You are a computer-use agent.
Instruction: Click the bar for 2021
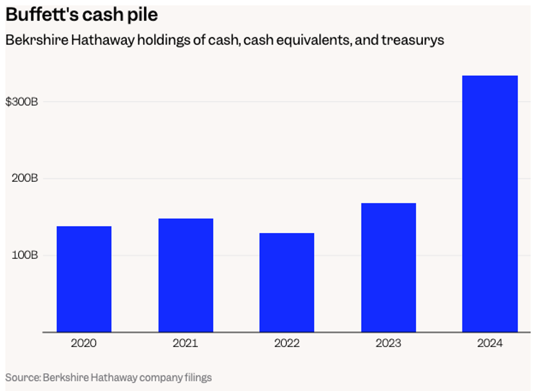click(x=186, y=275)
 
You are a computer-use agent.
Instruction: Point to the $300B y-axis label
click(x=22, y=102)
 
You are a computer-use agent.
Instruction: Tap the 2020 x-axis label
click(x=84, y=343)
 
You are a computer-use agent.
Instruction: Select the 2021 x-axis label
click(x=186, y=343)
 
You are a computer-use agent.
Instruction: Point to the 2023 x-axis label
click(x=389, y=343)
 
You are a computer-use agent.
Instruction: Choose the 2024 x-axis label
click(x=490, y=343)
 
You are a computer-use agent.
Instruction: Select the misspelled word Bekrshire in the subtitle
click(x=36, y=40)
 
